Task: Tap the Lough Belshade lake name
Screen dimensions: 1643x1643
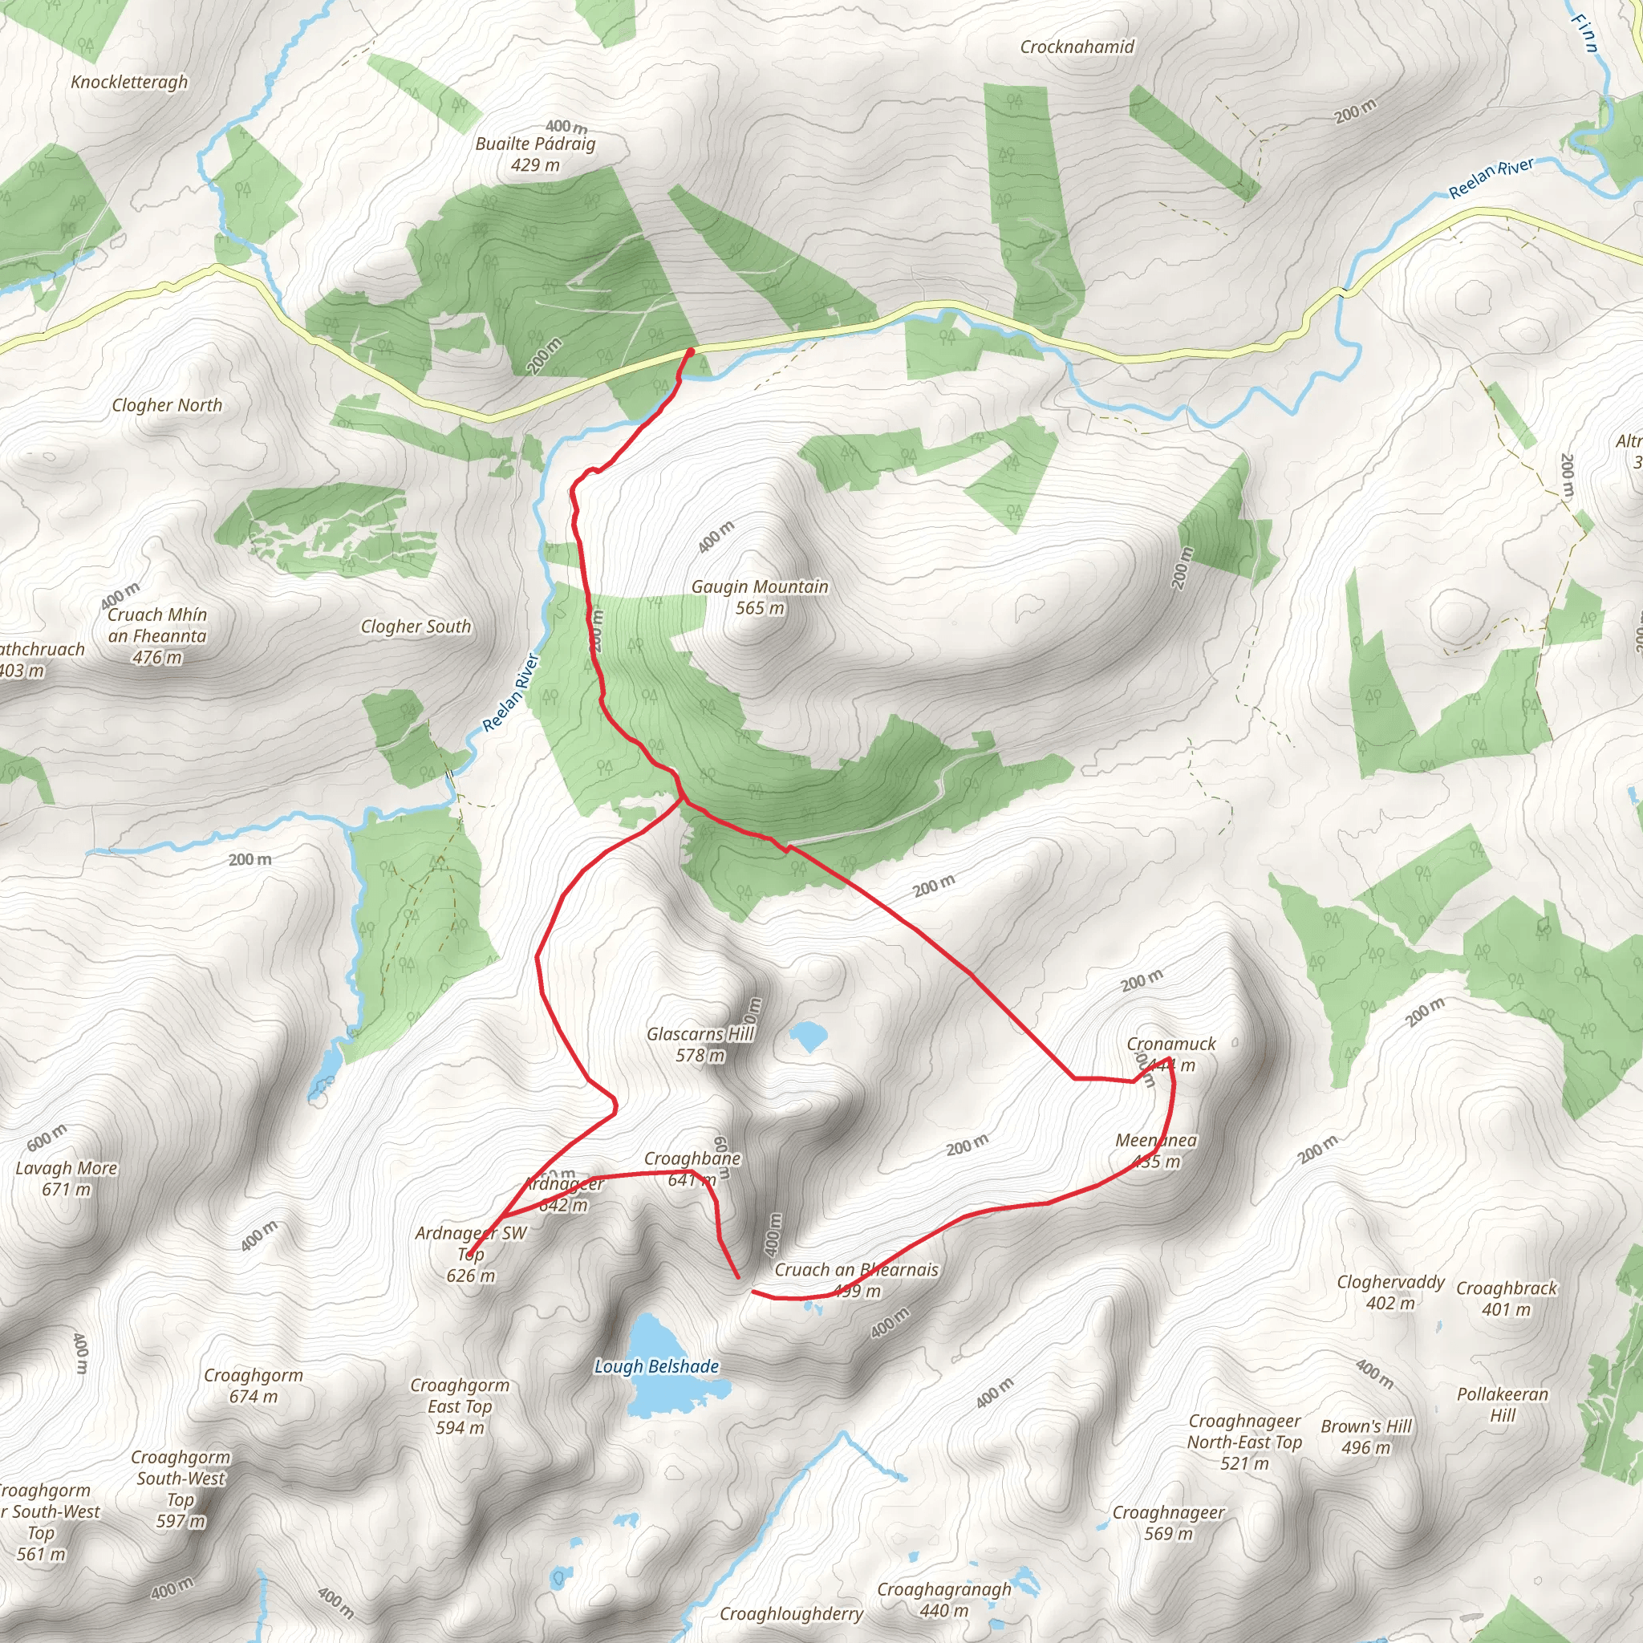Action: (656, 1366)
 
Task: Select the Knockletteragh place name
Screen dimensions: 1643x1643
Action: (129, 82)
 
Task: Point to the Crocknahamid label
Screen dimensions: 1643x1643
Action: (1077, 47)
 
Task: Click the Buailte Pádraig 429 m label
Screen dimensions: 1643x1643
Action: (535, 154)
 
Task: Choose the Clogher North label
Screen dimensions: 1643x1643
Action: (167, 406)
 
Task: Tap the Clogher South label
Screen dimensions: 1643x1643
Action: (416, 627)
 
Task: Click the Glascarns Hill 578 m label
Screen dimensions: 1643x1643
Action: (700, 1045)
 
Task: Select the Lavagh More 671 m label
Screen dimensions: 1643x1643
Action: (67, 1178)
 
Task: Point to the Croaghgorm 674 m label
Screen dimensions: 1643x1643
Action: (254, 1385)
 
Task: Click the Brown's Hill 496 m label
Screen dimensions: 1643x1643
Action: (1365, 1436)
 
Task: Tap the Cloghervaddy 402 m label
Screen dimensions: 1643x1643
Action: (1390, 1292)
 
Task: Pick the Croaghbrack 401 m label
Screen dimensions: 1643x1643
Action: (1506, 1299)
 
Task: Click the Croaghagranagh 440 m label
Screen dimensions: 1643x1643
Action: (944, 1600)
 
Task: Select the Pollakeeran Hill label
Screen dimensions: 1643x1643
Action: (1503, 1405)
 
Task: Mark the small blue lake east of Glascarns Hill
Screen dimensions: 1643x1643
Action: (808, 1036)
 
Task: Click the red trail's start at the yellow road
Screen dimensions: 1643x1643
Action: (690, 351)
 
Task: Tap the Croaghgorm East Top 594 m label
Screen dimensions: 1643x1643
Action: (460, 1406)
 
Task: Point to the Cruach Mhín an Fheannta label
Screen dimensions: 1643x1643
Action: (157, 635)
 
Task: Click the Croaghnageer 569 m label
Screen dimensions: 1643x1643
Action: (1168, 1523)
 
